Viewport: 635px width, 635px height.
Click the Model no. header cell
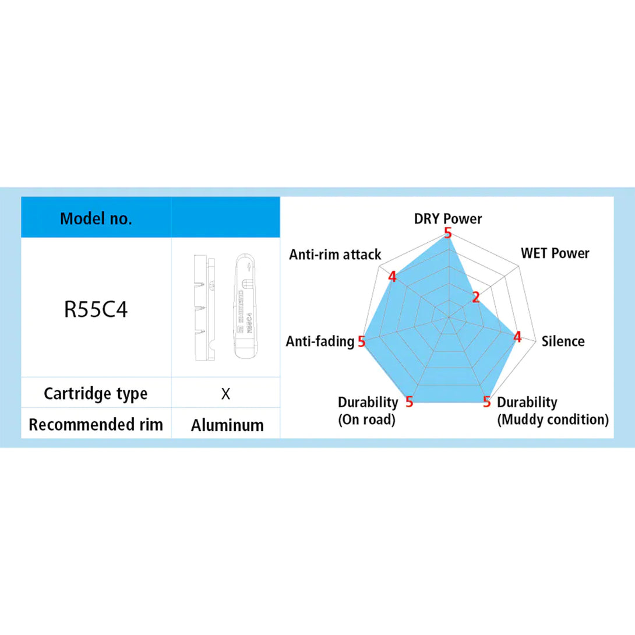96,219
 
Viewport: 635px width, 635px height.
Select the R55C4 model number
96,309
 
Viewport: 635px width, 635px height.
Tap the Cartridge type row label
96,393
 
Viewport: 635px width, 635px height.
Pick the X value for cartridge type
226,394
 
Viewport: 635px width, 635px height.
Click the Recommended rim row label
96,424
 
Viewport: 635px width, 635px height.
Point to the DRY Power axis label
448,219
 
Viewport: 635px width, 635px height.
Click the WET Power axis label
555,253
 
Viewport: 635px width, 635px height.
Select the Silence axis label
563,341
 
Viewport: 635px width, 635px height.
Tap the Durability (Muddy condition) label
552,411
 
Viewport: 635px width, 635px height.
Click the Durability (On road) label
368,411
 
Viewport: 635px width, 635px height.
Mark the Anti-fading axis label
320,341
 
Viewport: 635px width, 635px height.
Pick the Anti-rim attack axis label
336,255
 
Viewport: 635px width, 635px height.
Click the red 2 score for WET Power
475,298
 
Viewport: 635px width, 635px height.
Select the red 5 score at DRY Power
447,233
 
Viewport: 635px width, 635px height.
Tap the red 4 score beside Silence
516,337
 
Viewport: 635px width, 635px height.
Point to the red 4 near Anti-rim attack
392,277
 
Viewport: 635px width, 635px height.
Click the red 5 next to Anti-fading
361,341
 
